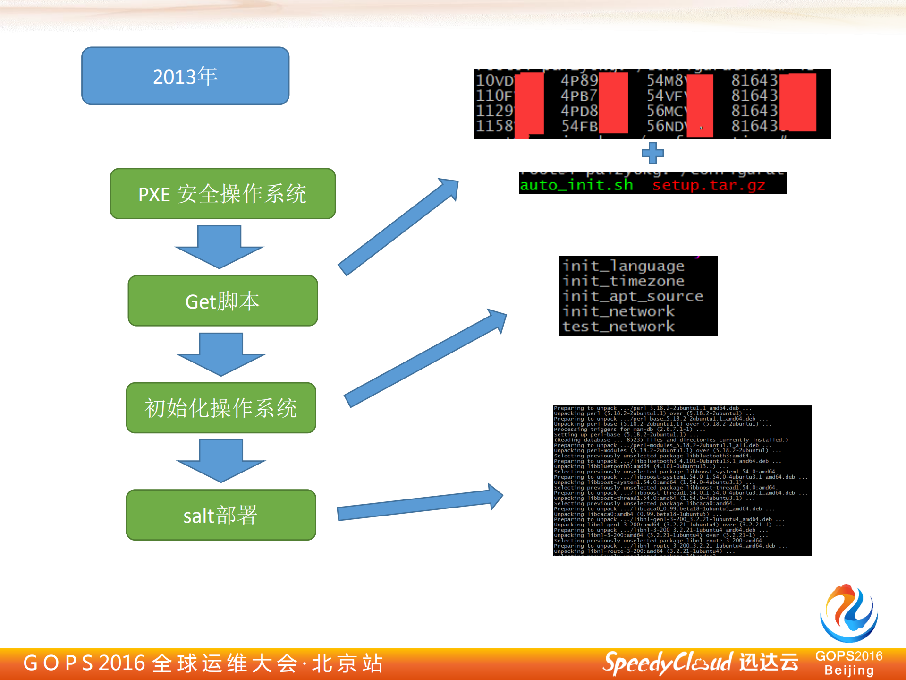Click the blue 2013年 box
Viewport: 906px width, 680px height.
185,76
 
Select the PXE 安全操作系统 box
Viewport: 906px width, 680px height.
222,194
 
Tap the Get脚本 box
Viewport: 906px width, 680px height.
222,301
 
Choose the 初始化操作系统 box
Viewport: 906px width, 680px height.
221,408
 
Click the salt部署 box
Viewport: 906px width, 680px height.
221,515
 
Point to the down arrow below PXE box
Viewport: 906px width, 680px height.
219,247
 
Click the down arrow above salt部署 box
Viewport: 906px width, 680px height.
221,460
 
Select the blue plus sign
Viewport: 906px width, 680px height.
652,153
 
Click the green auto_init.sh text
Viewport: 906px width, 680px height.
576,185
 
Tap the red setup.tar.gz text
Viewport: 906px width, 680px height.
708,185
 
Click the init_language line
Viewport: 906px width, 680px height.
623,266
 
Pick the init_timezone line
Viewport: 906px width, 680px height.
623,281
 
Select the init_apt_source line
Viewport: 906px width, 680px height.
633,296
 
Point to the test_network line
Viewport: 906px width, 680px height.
618,327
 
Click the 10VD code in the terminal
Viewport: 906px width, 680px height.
494,80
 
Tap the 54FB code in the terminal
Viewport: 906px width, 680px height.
579,126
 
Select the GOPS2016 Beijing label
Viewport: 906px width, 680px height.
848,663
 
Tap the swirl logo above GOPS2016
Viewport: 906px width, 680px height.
848,613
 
